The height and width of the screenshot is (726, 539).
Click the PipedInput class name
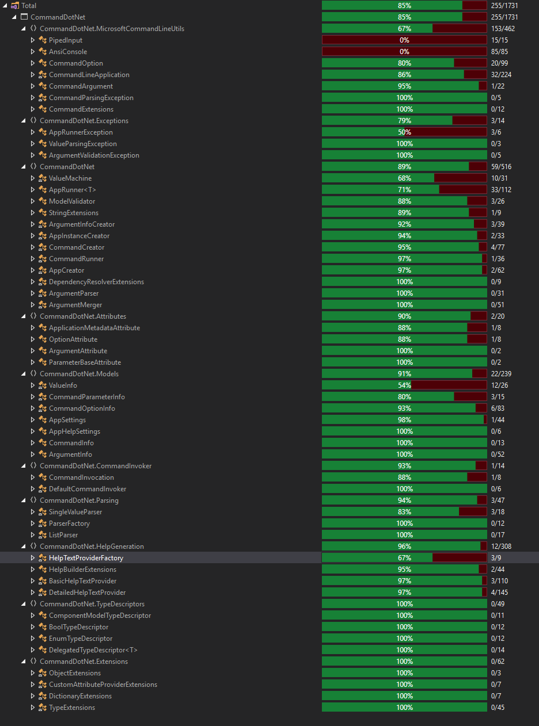coord(65,40)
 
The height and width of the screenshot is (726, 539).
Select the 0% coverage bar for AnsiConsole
coord(404,52)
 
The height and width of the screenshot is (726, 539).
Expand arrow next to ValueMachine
coord(33,178)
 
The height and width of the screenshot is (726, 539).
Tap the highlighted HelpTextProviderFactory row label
coord(86,558)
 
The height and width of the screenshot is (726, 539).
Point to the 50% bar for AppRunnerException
coord(404,132)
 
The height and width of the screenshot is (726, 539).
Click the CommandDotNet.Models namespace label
coord(79,374)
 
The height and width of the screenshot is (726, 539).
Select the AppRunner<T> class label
coord(68,190)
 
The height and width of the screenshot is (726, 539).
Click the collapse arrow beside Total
coord(5,6)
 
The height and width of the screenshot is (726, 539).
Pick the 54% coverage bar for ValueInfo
coord(404,385)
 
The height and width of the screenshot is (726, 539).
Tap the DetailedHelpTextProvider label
coord(87,593)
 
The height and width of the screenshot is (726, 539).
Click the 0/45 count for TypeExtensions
coord(499,708)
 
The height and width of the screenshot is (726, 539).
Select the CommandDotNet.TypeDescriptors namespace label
coord(92,604)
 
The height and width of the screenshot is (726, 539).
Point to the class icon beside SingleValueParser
coord(42,512)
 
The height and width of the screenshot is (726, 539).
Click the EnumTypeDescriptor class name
coord(81,639)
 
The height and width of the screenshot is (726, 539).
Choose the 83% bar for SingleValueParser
coord(404,512)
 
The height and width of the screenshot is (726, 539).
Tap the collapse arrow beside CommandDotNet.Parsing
coord(24,500)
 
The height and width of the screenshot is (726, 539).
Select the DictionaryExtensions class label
coord(80,696)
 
